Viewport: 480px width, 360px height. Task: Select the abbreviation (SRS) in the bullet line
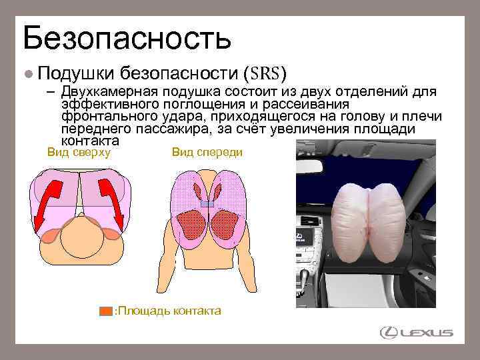point(265,72)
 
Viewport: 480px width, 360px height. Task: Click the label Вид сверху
point(78,152)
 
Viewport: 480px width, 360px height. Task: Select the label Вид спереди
point(207,152)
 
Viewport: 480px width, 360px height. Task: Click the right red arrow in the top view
point(111,200)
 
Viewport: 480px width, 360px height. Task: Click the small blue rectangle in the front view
point(207,204)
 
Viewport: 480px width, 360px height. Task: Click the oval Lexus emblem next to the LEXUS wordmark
point(388,332)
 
